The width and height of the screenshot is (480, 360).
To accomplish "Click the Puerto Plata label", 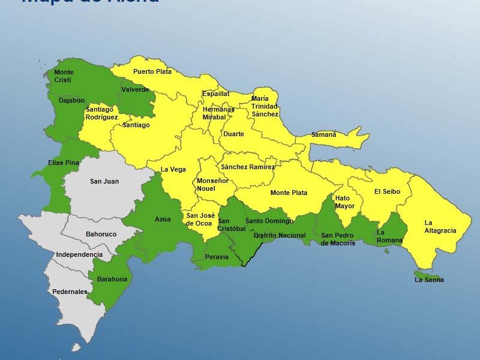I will coord(152,72).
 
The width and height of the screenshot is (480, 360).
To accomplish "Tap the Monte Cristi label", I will coord(64,76).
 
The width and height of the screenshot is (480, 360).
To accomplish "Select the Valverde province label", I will coord(135,90).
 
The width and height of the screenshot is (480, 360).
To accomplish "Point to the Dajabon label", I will coord(71,101).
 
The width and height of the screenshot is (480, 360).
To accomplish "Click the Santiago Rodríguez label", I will coord(101,113).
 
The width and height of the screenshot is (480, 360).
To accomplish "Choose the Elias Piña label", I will coord(64,163).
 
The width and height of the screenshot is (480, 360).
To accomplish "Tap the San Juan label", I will coord(104,181).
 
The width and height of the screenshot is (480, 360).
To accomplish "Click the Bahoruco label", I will coord(101,234).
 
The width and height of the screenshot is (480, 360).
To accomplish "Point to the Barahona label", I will coord(112,279).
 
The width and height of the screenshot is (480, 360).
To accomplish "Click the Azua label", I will coord(163,219).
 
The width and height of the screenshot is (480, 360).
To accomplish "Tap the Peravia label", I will coord(217,257).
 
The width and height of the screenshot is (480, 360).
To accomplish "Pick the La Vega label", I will coord(173,170).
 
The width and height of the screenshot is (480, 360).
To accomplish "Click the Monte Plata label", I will coord(289,193).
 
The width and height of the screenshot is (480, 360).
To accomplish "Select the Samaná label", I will coord(323,135).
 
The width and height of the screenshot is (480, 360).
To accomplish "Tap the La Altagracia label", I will coord(440,227).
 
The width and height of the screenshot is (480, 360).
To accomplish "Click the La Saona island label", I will coord(429,280).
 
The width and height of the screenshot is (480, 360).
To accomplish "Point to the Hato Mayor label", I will coord(344,202).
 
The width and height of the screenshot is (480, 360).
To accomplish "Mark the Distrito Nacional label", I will coord(279,236).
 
